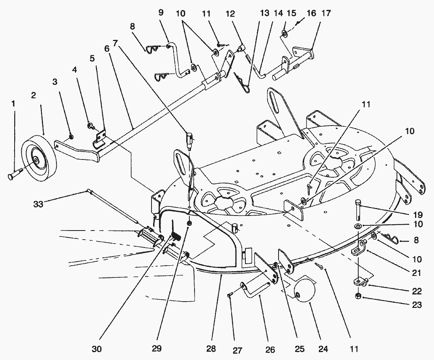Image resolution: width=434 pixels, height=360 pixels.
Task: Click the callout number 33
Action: tap(39, 204)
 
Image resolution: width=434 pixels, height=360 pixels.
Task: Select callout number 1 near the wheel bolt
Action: tap(13, 103)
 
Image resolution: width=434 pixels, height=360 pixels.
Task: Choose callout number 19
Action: tap(418, 214)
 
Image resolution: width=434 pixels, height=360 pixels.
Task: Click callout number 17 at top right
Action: tap(326, 13)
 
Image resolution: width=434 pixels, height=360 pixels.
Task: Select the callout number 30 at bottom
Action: tap(97, 349)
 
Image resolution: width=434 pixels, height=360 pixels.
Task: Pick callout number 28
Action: tap(211, 348)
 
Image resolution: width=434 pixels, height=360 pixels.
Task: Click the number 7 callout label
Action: tap(115, 43)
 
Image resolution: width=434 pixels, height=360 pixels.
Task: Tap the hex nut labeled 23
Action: tap(358, 296)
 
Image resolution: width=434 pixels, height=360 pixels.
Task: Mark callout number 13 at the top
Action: tap(265, 13)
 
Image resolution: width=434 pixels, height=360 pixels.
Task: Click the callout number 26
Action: tap(270, 349)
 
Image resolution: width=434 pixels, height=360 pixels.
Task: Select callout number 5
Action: tap(92, 58)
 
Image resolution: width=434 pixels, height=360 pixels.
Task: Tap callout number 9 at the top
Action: tap(161, 12)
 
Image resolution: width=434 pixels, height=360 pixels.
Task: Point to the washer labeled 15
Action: tap(284, 34)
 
